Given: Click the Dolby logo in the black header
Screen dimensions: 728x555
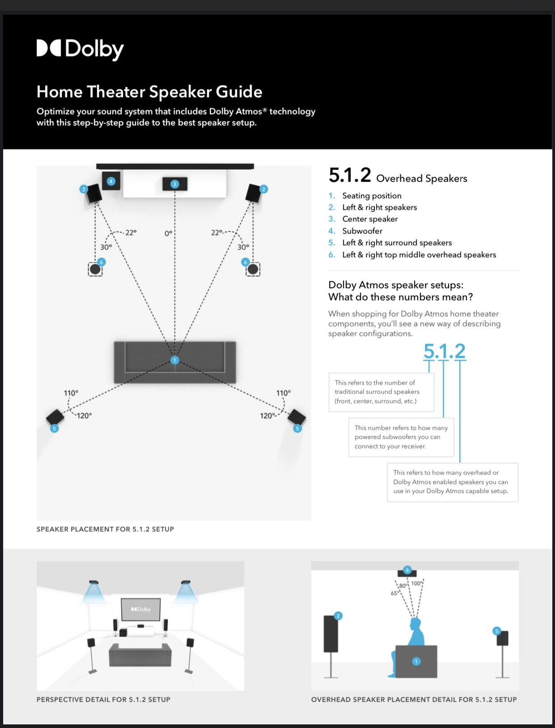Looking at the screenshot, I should (80, 49).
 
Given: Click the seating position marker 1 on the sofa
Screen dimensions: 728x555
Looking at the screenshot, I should (175, 360).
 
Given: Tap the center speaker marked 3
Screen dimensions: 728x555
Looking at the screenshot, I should (175, 184).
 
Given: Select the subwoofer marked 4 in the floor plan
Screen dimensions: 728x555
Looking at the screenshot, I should (111, 181).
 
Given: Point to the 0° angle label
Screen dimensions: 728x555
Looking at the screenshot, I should (168, 233).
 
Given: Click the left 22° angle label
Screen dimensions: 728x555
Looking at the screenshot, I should (131, 233).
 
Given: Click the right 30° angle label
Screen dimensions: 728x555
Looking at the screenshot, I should (243, 247).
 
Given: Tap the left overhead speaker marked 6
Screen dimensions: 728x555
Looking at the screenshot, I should (95, 269).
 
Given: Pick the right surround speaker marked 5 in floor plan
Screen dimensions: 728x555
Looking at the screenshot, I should (297, 418).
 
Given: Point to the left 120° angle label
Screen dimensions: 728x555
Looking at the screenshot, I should (84, 415).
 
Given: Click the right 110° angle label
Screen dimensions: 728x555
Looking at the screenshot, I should (283, 393).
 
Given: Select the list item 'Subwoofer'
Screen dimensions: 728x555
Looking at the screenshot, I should (362, 231).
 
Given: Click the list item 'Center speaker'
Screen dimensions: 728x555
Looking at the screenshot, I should (370, 219).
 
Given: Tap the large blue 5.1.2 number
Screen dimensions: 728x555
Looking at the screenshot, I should (444, 351).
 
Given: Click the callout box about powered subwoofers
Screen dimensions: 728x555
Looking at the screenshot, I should (401, 437).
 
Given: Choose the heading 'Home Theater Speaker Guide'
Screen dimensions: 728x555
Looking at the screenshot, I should (149, 92).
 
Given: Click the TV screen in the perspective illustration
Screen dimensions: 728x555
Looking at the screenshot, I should (141, 609).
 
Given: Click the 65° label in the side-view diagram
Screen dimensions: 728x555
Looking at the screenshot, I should (394, 593).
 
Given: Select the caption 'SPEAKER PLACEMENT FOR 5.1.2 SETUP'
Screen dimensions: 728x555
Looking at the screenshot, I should (105, 529).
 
